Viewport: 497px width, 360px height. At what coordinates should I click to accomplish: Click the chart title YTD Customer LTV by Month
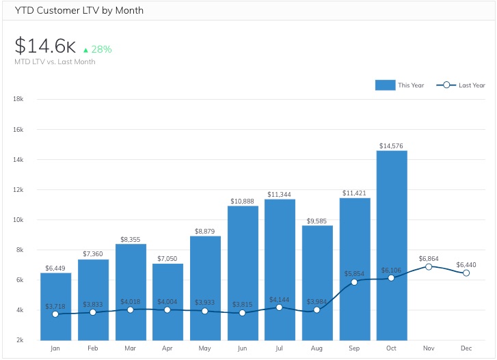click(79, 10)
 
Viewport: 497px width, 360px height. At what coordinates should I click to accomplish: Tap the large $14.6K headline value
click(45, 46)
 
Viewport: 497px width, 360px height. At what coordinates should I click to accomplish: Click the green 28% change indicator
click(97, 49)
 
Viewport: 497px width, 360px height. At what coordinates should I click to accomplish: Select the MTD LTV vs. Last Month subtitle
click(55, 61)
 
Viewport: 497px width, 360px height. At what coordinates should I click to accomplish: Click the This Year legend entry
click(400, 85)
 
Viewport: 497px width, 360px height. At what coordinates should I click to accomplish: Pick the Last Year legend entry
click(461, 85)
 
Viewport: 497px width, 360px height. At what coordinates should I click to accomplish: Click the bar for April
click(167, 301)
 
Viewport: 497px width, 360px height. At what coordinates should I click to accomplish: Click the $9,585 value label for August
click(317, 221)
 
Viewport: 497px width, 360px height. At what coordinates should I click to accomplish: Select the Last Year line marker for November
click(429, 266)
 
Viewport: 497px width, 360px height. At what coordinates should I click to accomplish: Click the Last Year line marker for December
click(466, 273)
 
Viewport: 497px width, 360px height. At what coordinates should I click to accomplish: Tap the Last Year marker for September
click(354, 281)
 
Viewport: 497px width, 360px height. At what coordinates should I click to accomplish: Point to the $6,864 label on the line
click(429, 257)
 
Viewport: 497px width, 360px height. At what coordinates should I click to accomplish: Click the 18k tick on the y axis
click(18, 99)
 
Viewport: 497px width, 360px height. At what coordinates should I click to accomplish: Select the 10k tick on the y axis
click(18, 219)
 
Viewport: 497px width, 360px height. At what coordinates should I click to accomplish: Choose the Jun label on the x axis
click(242, 348)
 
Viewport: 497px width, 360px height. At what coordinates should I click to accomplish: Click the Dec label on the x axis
click(466, 348)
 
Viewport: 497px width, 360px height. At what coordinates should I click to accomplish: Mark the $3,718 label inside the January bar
click(55, 305)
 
